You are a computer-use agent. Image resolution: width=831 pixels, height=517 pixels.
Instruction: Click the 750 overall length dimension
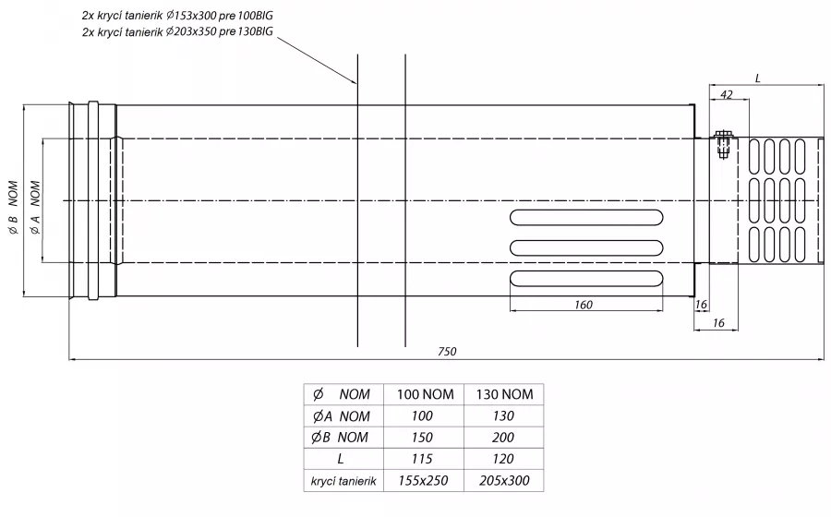pyautogui.click(x=447, y=351)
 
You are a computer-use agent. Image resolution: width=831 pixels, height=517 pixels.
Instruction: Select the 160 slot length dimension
pyautogui.click(x=583, y=305)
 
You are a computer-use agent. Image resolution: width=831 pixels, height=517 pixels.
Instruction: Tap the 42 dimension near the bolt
pyautogui.click(x=727, y=94)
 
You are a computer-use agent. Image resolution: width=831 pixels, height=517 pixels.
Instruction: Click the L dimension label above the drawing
pyautogui.click(x=758, y=78)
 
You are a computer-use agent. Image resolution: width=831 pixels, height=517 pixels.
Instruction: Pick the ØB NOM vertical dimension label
pyautogui.click(x=13, y=207)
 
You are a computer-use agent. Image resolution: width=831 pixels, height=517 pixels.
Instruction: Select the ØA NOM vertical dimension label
pyautogui.click(x=35, y=207)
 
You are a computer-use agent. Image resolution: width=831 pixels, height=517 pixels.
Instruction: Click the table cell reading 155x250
pyautogui.click(x=423, y=480)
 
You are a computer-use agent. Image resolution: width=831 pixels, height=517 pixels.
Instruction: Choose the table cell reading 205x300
pyautogui.click(x=504, y=480)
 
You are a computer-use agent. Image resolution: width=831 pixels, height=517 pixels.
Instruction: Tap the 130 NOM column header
pyautogui.click(x=504, y=394)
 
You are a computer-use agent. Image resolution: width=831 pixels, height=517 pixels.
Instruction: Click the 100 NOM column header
pyautogui.click(x=425, y=394)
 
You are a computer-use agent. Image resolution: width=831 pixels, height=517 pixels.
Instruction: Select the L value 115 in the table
pyautogui.click(x=422, y=459)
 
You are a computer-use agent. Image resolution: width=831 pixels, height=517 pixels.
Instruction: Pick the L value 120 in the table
pyautogui.click(x=503, y=459)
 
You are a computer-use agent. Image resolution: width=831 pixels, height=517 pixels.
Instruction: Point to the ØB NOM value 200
pyautogui.click(x=502, y=438)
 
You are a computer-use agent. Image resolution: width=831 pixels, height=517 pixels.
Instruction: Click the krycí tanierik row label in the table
pyautogui.click(x=343, y=481)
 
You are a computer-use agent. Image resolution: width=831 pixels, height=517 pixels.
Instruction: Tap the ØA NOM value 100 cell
pyautogui.click(x=422, y=415)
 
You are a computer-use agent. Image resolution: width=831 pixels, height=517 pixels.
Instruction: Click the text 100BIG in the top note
pyautogui.click(x=256, y=16)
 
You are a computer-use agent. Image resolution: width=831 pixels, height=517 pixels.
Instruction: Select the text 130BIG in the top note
pyautogui.click(x=256, y=31)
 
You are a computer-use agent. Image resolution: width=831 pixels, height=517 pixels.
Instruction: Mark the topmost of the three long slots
pyautogui.click(x=586, y=218)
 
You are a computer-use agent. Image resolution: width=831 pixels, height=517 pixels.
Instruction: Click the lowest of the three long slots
pyautogui.click(x=586, y=279)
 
